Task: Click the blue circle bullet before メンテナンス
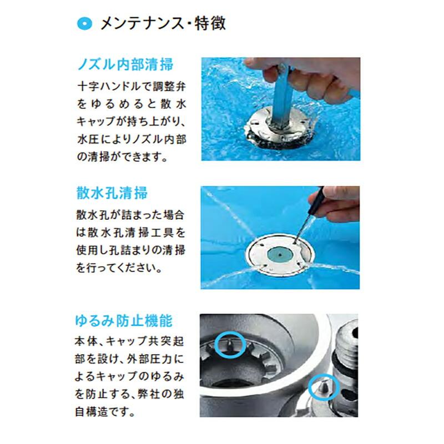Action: pos(84,23)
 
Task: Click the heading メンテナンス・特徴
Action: pos(162,23)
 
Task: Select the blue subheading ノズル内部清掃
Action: pos(124,64)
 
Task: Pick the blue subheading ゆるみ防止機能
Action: pos(124,321)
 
